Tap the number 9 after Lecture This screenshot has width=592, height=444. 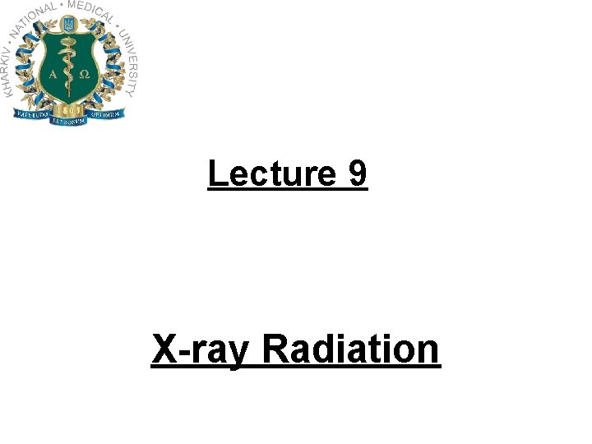(358, 173)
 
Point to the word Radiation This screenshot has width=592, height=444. (351, 349)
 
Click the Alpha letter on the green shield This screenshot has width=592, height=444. (53, 73)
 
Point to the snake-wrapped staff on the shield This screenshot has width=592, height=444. (69, 70)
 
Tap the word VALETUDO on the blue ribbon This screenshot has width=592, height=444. (30, 114)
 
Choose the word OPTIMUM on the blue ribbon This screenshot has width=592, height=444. (109, 114)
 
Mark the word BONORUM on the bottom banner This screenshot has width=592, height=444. (69, 121)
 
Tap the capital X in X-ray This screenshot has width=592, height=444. (164, 349)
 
